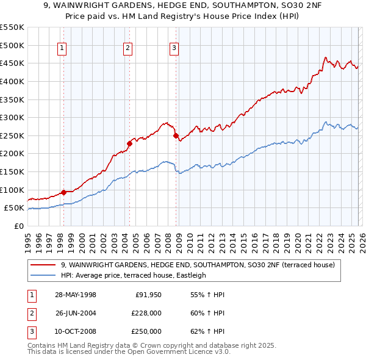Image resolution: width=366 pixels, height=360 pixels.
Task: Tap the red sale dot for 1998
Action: pos(63,193)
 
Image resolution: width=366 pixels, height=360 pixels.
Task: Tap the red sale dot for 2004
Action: pos(129,144)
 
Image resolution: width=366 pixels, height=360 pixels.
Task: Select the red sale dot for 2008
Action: pos(176,136)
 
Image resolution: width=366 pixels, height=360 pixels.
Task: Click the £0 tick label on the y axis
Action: pos(18,226)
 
